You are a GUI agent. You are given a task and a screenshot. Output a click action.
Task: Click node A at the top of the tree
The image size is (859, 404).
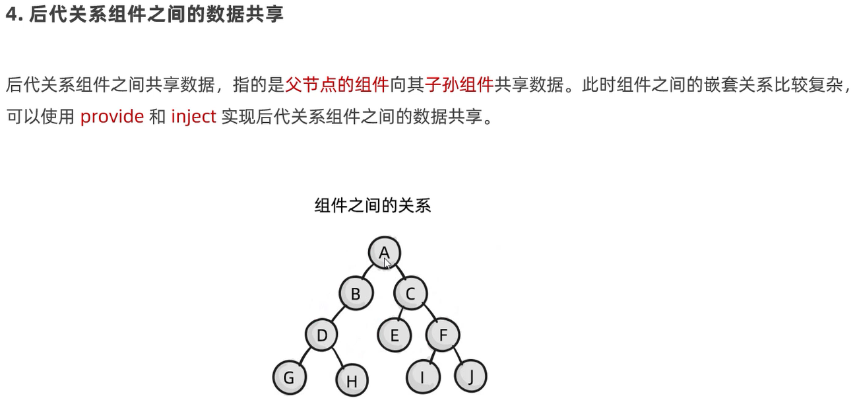click(x=384, y=252)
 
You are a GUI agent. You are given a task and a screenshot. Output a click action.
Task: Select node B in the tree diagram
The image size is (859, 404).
click(x=356, y=293)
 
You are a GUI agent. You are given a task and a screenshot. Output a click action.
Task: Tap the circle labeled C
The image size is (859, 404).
click(x=410, y=293)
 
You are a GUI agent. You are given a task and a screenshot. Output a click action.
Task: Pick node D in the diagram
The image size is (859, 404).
click(x=322, y=335)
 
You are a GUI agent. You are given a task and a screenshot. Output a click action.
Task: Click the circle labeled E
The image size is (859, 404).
click(x=395, y=335)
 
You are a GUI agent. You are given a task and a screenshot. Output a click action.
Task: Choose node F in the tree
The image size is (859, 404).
click(x=443, y=335)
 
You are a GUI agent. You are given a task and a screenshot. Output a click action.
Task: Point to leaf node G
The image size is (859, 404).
click(x=289, y=378)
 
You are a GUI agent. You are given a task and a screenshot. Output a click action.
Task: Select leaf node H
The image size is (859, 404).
click(x=352, y=380)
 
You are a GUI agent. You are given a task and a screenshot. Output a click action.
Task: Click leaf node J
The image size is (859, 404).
click(x=470, y=376)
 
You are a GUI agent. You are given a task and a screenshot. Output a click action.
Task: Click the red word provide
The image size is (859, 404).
click(x=111, y=117)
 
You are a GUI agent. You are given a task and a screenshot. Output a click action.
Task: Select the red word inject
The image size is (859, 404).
click(x=193, y=117)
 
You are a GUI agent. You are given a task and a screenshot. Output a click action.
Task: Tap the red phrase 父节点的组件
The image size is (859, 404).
click(x=337, y=84)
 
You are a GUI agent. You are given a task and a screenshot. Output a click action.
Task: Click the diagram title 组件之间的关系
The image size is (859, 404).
click(x=372, y=206)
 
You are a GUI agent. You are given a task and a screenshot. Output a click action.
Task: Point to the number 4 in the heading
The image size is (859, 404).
click(x=11, y=15)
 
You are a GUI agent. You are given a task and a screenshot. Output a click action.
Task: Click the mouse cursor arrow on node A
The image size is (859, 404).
click(x=387, y=263)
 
